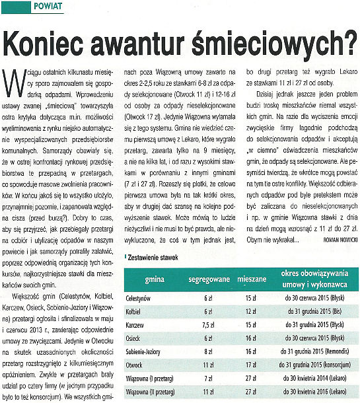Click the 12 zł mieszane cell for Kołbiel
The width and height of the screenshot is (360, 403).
(x=250, y=312)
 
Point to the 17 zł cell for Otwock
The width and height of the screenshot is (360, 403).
(x=250, y=363)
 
